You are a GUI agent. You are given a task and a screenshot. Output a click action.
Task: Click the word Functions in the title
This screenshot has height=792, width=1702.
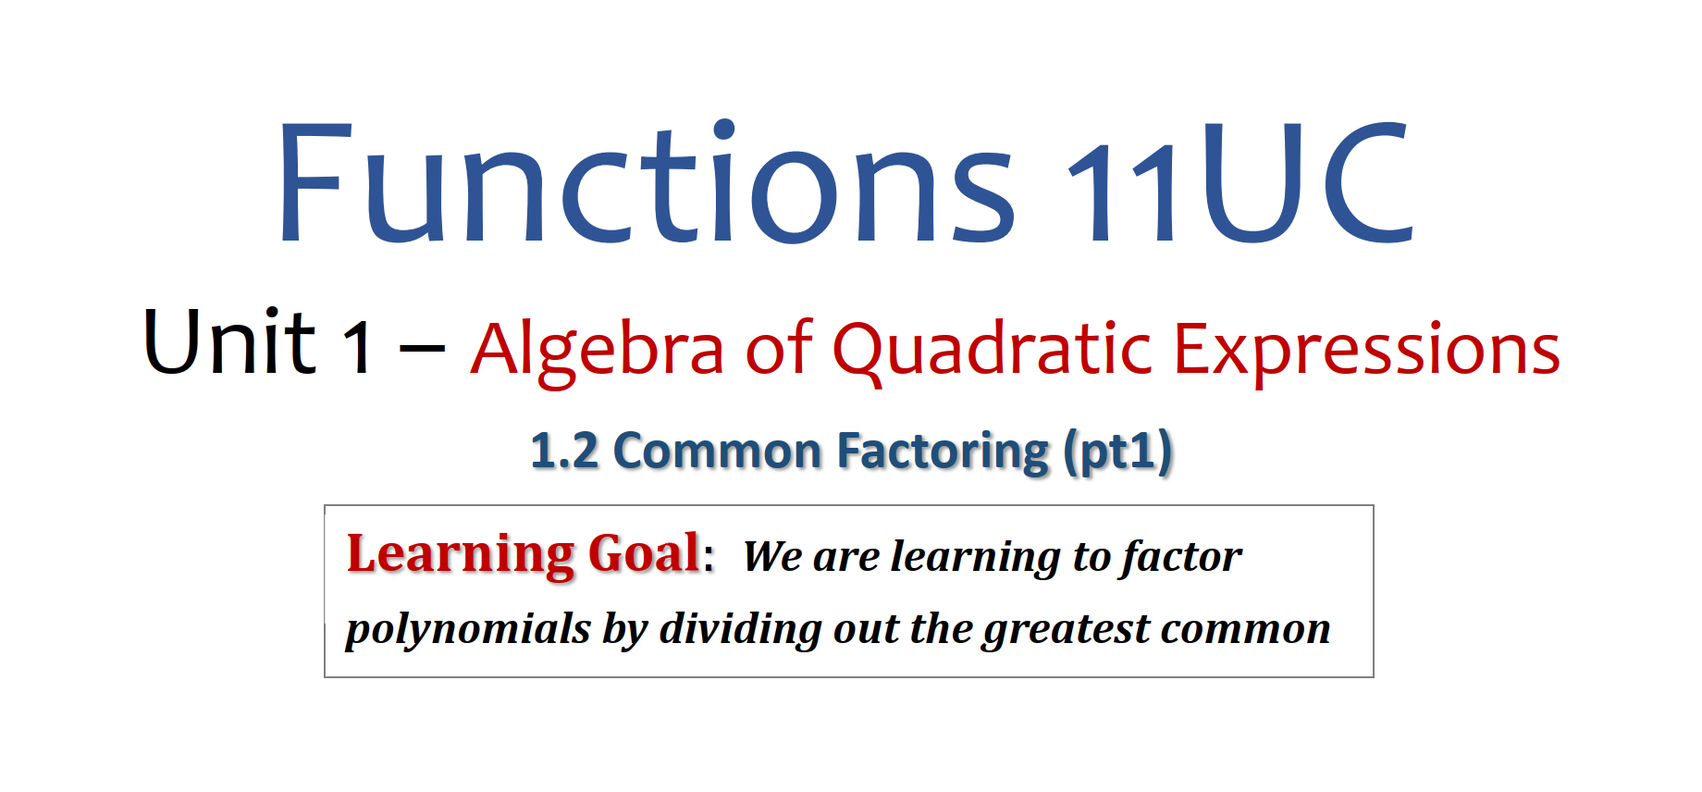coord(646,182)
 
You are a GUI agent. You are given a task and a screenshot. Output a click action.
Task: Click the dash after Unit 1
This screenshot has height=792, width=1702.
coord(422,349)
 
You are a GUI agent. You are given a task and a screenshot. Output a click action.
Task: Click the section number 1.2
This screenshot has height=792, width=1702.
coord(564,452)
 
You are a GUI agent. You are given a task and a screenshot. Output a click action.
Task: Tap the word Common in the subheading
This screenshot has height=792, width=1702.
coord(717,452)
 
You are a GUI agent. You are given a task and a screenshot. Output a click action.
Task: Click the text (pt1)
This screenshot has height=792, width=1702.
coord(1117,452)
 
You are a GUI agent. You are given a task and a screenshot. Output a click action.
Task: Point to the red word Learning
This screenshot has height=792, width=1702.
coord(461,555)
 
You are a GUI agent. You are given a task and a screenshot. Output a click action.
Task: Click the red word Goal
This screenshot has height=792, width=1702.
coord(644,553)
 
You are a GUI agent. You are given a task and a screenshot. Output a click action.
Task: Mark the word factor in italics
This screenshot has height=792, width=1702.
coord(1180,557)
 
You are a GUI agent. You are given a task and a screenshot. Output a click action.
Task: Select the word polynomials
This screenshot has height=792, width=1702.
coord(468,629)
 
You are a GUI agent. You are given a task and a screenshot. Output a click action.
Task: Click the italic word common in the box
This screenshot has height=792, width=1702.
coord(1246,630)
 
